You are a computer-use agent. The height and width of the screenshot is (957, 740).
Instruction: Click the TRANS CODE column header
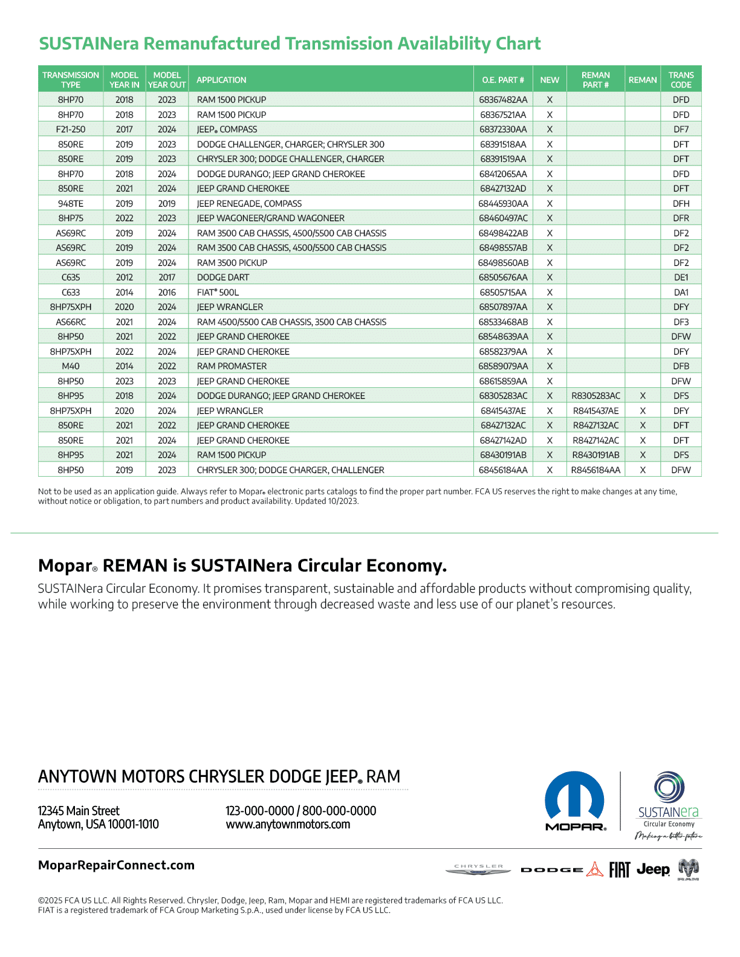point(681,80)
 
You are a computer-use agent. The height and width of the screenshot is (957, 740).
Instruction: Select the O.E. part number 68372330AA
point(503,129)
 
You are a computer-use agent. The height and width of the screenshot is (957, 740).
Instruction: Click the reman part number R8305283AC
point(596,396)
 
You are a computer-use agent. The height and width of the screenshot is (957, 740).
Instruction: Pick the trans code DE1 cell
point(681,277)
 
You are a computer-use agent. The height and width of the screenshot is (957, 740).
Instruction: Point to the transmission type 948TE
point(71,204)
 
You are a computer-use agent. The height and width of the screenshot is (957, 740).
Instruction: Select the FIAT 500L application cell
point(218,292)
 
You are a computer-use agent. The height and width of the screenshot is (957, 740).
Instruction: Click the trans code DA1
point(681,292)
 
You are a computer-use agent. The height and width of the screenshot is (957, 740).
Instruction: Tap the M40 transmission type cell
point(71,366)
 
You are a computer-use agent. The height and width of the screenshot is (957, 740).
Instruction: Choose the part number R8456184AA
point(596,470)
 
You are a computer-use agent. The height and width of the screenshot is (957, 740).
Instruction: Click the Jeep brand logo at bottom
point(653,869)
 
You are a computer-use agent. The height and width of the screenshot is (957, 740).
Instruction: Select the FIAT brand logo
point(619,870)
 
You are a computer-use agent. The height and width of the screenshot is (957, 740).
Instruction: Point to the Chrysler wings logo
point(478,869)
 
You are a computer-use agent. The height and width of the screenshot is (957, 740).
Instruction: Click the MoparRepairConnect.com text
point(116,865)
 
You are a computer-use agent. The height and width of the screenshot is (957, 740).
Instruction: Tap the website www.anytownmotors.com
point(288,825)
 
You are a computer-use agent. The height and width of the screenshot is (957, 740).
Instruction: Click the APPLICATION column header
point(221,80)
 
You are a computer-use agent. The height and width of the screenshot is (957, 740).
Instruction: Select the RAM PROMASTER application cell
point(232,366)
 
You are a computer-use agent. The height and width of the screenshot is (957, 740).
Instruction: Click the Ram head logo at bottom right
point(688,869)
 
